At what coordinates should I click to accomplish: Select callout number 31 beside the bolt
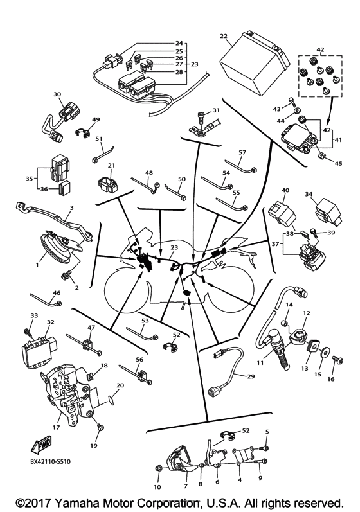coord(216,110)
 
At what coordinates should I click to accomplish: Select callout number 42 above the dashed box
coord(319,49)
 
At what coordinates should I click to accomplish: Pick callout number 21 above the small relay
coord(112,166)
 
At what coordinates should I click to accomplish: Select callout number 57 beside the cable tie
coord(242,153)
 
